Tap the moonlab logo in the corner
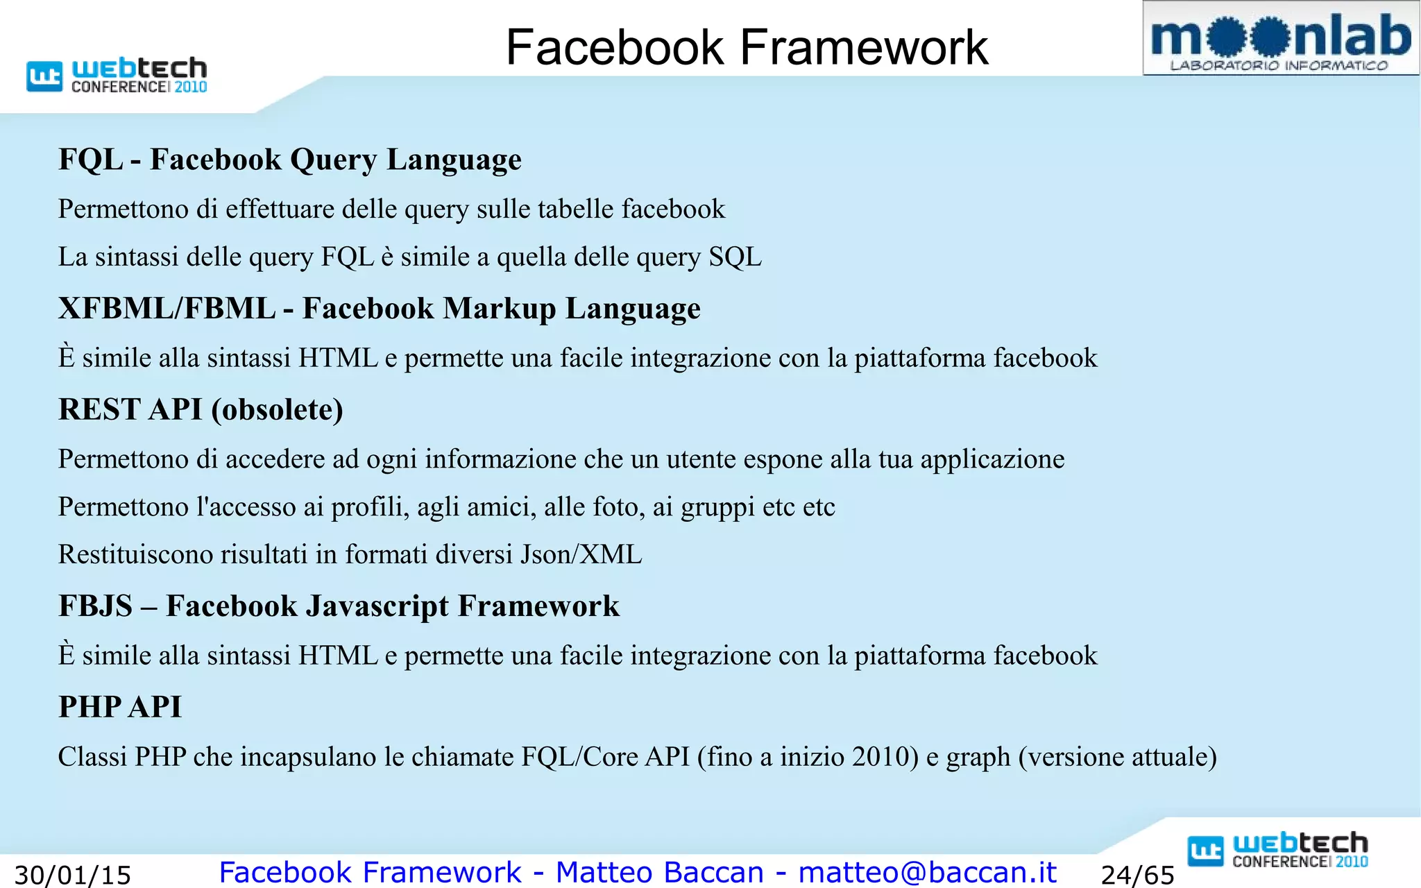click(x=1280, y=39)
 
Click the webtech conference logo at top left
click(x=117, y=75)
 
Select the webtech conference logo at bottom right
click(x=1278, y=851)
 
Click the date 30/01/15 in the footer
click(x=73, y=875)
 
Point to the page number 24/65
click(x=1138, y=875)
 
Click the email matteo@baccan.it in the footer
click(x=927, y=872)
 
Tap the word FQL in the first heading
click(x=91, y=160)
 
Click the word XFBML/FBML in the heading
click(x=167, y=309)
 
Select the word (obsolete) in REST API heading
click(x=278, y=410)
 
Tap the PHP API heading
click(x=120, y=707)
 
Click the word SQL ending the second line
click(x=735, y=257)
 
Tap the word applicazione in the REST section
click(x=992, y=460)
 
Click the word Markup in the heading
click(x=500, y=309)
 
